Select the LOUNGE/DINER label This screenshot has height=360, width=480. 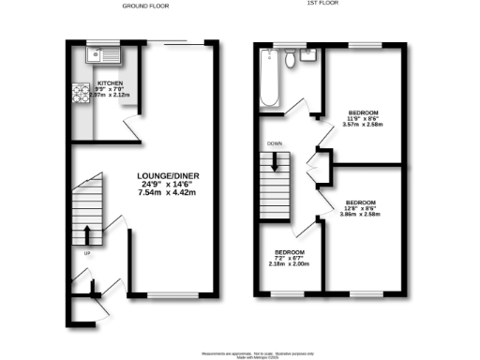pos(171,176)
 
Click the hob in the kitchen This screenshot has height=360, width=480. pos(76,94)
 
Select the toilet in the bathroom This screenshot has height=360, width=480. pos(292,60)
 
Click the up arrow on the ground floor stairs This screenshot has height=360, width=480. pos(87,233)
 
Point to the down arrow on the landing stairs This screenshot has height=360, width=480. pos(277,162)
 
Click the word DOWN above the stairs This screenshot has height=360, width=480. pos(275,143)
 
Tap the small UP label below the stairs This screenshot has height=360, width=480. pos(87,252)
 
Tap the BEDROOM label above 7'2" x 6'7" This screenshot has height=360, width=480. pos(290,250)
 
